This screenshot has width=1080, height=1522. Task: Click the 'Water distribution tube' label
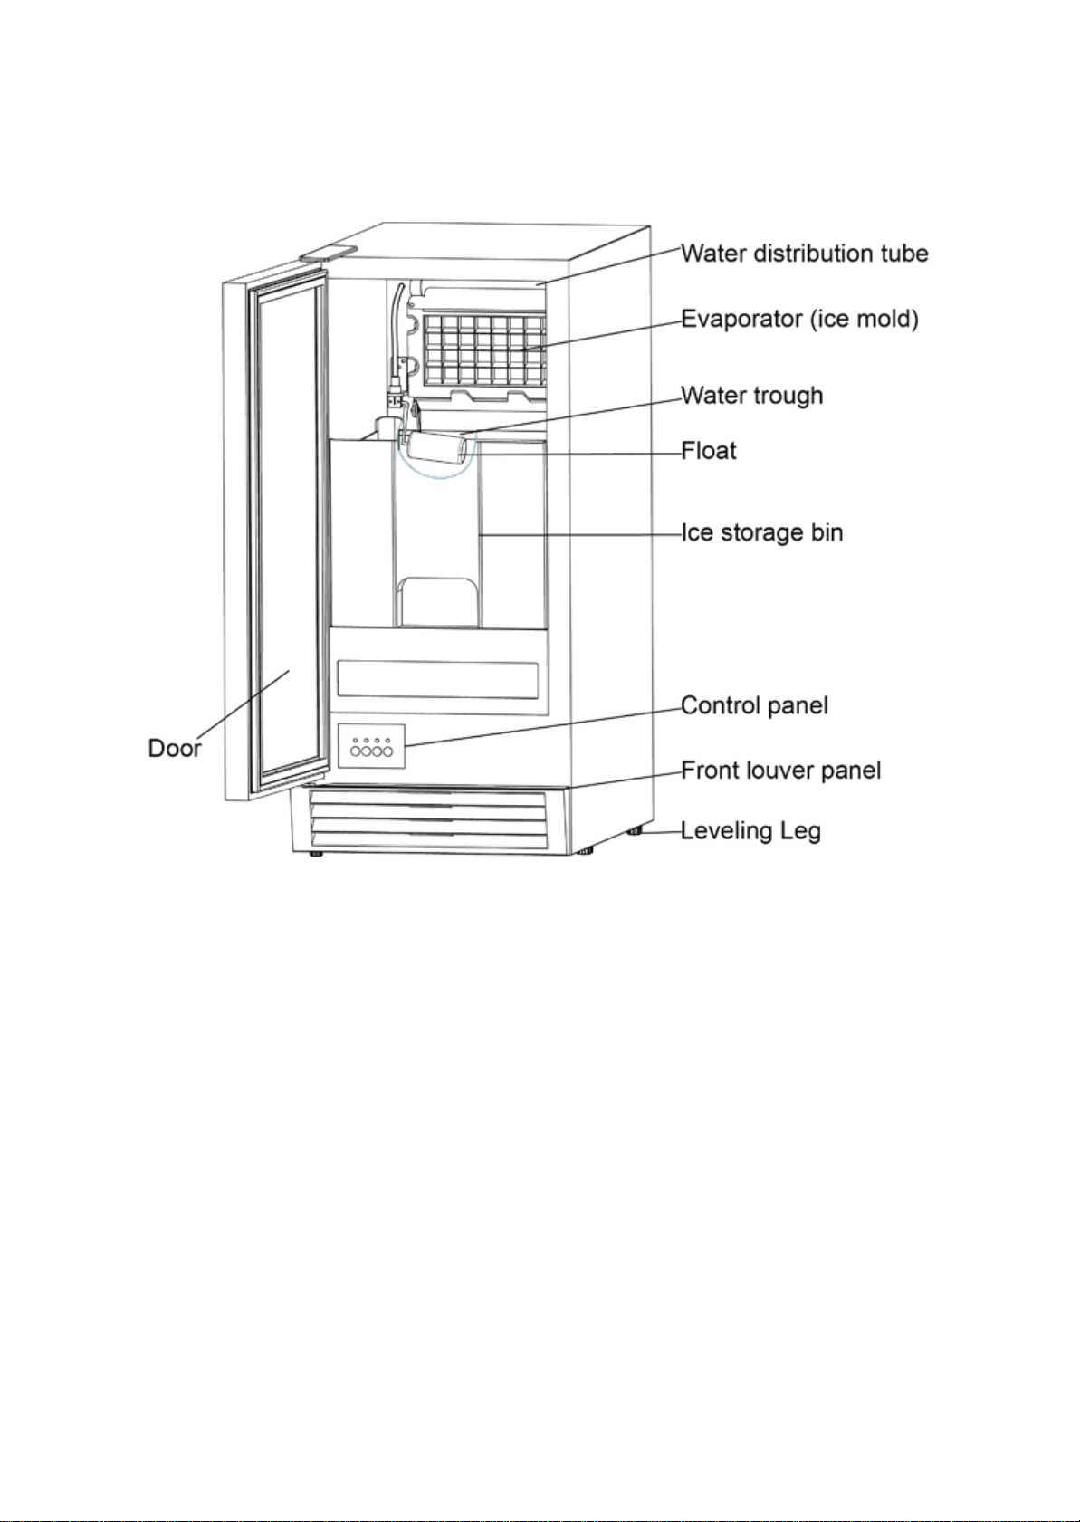tap(804, 254)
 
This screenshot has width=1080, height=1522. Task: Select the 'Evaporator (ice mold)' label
tap(799, 319)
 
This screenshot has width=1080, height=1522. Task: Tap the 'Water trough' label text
tap(752, 396)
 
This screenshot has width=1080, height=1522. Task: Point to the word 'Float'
tap(709, 451)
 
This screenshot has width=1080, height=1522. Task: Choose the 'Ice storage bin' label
tap(761, 532)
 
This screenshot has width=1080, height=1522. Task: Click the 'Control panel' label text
tap(754, 705)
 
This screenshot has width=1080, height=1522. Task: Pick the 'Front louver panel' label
tap(780, 771)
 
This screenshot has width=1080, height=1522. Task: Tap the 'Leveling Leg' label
tap(750, 831)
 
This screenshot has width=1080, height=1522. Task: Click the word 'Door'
tap(175, 748)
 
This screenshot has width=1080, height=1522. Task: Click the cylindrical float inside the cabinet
tap(436, 449)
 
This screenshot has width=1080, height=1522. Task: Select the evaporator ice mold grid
tap(485, 348)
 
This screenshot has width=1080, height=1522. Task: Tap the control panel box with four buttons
tap(371, 746)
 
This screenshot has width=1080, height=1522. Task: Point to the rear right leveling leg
tap(635, 831)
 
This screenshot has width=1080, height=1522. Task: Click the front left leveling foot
tap(316, 854)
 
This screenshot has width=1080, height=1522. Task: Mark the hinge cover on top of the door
tap(328, 252)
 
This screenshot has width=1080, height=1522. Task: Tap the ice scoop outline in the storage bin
tap(438, 602)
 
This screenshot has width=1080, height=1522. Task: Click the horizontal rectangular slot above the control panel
tap(438, 679)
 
